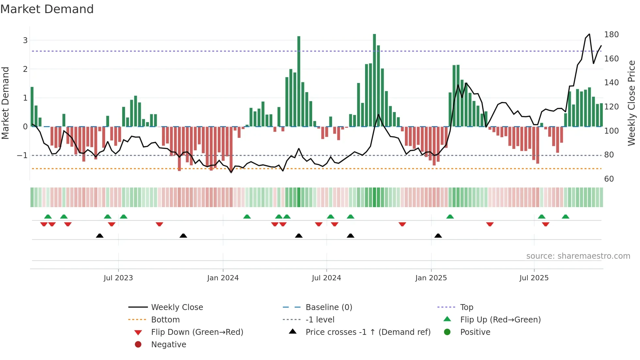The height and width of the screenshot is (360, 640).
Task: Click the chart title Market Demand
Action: pyautogui.click(x=47, y=9)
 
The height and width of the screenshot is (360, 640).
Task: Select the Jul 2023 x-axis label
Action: pyautogui.click(x=118, y=278)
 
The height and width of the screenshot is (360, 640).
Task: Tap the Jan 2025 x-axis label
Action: pyautogui.click(x=431, y=278)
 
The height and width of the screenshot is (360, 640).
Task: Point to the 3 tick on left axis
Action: pyautogui.click(x=25, y=41)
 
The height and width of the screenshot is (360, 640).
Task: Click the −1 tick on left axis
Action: pyautogui.click(x=23, y=155)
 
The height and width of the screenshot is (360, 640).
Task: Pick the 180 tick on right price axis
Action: pyautogui.click(x=611, y=35)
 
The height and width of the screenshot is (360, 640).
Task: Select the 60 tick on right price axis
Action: pyautogui.click(x=609, y=179)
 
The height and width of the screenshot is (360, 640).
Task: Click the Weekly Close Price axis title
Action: pyautogui.click(x=632, y=103)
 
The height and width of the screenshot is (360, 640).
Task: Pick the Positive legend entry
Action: pyautogui.click(x=475, y=332)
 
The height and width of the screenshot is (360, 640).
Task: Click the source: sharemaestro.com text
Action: pyautogui.click(x=578, y=256)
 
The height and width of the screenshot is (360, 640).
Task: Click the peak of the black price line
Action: pyautogui.click(x=589, y=34)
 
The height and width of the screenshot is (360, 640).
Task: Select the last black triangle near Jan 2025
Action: pyautogui.click(x=438, y=236)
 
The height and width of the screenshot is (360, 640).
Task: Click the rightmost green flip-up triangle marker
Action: pyautogui.click(x=566, y=217)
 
